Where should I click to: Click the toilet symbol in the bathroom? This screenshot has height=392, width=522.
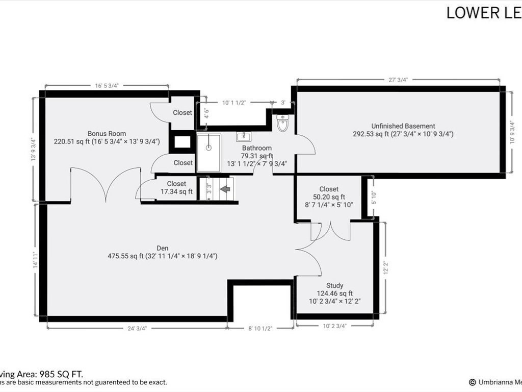tap(283, 123)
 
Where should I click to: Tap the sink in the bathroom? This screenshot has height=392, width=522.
tap(243, 136)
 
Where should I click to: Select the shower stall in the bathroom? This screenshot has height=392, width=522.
tap(208, 153)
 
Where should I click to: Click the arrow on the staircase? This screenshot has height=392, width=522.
tap(225, 189)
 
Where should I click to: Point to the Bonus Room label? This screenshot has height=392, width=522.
tap(107, 134)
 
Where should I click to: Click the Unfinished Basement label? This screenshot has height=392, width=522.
tap(403, 126)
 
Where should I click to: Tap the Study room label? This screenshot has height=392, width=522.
tap(334, 285)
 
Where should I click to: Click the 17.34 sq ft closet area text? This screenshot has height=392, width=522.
tap(176, 192)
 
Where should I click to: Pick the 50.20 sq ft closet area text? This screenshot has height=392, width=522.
tap(329, 197)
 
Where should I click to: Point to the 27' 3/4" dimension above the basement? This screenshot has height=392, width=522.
tap(398, 80)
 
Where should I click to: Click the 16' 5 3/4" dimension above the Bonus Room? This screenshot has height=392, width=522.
tap(107, 86)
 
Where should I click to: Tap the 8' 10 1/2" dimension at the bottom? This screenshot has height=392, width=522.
tap(260, 328)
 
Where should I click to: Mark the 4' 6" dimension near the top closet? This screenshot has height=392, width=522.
tap(206, 113)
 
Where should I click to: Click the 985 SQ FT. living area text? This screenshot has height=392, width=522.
tap(54, 374)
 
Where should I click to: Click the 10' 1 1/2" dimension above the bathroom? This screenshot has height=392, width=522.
tap(234, 103)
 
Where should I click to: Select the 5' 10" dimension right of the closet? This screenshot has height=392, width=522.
tap(374, 197)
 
